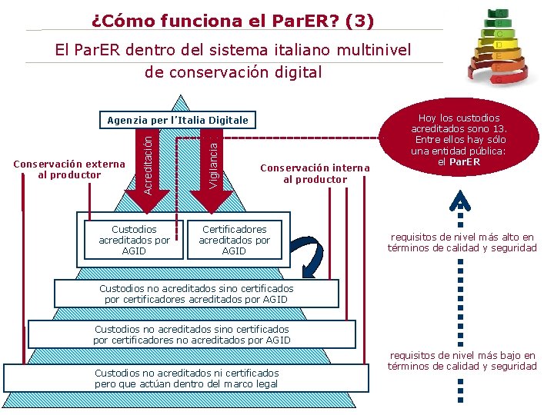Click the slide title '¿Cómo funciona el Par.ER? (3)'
[232, 20]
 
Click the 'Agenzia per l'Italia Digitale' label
[178, 120]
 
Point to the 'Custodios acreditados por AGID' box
[134, 240]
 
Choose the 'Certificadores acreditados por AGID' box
[234, 240]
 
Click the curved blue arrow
[310, 257]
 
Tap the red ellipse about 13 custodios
[459, 140]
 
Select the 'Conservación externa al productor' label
[69, 169]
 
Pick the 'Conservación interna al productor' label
[315, 174]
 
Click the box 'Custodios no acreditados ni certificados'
[186, 377]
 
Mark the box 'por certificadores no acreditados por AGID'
[192, 334]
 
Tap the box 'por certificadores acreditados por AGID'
[195, 294]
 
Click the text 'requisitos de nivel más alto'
[462, 243]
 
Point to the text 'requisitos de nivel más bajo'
[462, 360]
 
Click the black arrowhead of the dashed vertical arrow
[459, 202]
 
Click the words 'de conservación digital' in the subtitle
[233, 73]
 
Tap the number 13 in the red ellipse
[498, 129]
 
